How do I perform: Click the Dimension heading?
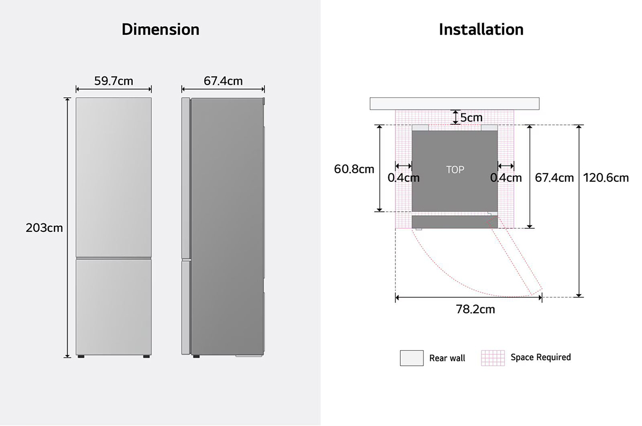[160, 29]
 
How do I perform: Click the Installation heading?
[481, 29]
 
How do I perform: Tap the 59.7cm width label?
[113, 81]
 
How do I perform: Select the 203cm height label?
[44, 228]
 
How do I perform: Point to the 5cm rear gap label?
[471, 117]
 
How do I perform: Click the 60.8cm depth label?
[354, 169]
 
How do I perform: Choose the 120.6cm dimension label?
[606, 177]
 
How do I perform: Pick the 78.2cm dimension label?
[475, 309]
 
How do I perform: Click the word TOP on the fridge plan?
[455, 170]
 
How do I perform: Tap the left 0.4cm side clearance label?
[403, 177]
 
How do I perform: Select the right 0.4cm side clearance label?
[506, 177]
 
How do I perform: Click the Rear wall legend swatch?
[411, 358]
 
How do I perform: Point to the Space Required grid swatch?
[493, 358]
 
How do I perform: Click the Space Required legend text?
[540, 357]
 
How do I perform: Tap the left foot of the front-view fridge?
[81, 355]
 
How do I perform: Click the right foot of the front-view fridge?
[146, 355]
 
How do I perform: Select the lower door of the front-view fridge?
[113, 305]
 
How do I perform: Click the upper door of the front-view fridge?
[113, 176]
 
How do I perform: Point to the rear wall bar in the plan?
[454, 103]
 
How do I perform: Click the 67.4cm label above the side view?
[223, 81]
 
